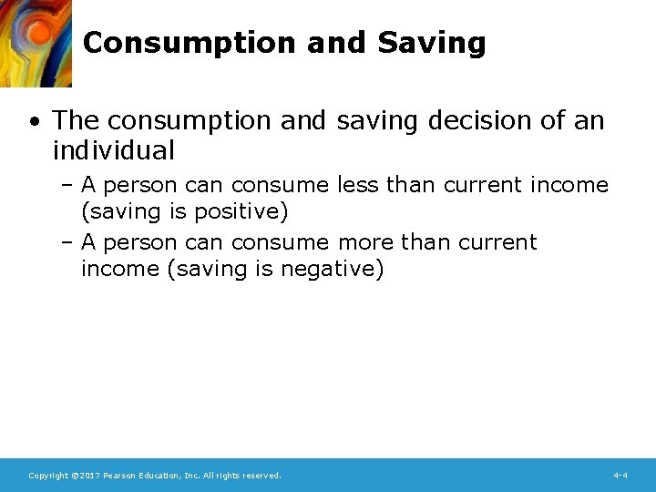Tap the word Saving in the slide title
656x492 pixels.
[x=431, y=43]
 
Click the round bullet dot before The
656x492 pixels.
[x=34, y=121]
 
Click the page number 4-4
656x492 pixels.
[x=620, y=476]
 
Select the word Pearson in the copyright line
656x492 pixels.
[x=119, y=476]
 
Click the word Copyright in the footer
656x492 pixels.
[x=48, y=476]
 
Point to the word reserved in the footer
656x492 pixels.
[x=261, y=476]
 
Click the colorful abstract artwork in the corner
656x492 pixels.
[x=35, y=42]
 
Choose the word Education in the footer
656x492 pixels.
[x=161, y=476]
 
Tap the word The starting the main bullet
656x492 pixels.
[x=72, y=120]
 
